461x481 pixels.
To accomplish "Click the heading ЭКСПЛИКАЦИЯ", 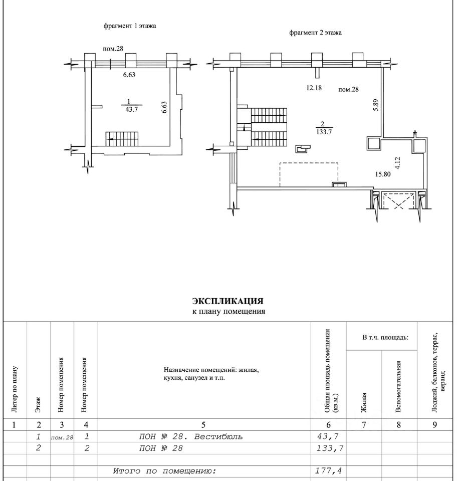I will pyautogui.click(x=228, y=301).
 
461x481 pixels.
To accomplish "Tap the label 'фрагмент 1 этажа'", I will pyautogui.click(x=130, y=26).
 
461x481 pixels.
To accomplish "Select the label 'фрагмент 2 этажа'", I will pyautogui.click(x=315, y=33).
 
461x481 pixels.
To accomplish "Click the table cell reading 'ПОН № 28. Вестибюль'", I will pyautogui.click(x=191, y=436).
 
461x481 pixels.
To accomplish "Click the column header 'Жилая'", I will pyautogui.click(x=364, y=402).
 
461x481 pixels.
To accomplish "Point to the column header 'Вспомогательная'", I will pyautogui.click(x=399, y=386).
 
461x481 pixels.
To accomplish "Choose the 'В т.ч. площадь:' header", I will pyautogui.click(x=382, y=338).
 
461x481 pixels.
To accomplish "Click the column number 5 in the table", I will pyautogui.click(x=203, y=425).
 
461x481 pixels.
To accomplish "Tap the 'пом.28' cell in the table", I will pyautogui.click(x=62, y=437).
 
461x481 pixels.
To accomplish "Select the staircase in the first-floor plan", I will pyautogui.click(x=121, y=138).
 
